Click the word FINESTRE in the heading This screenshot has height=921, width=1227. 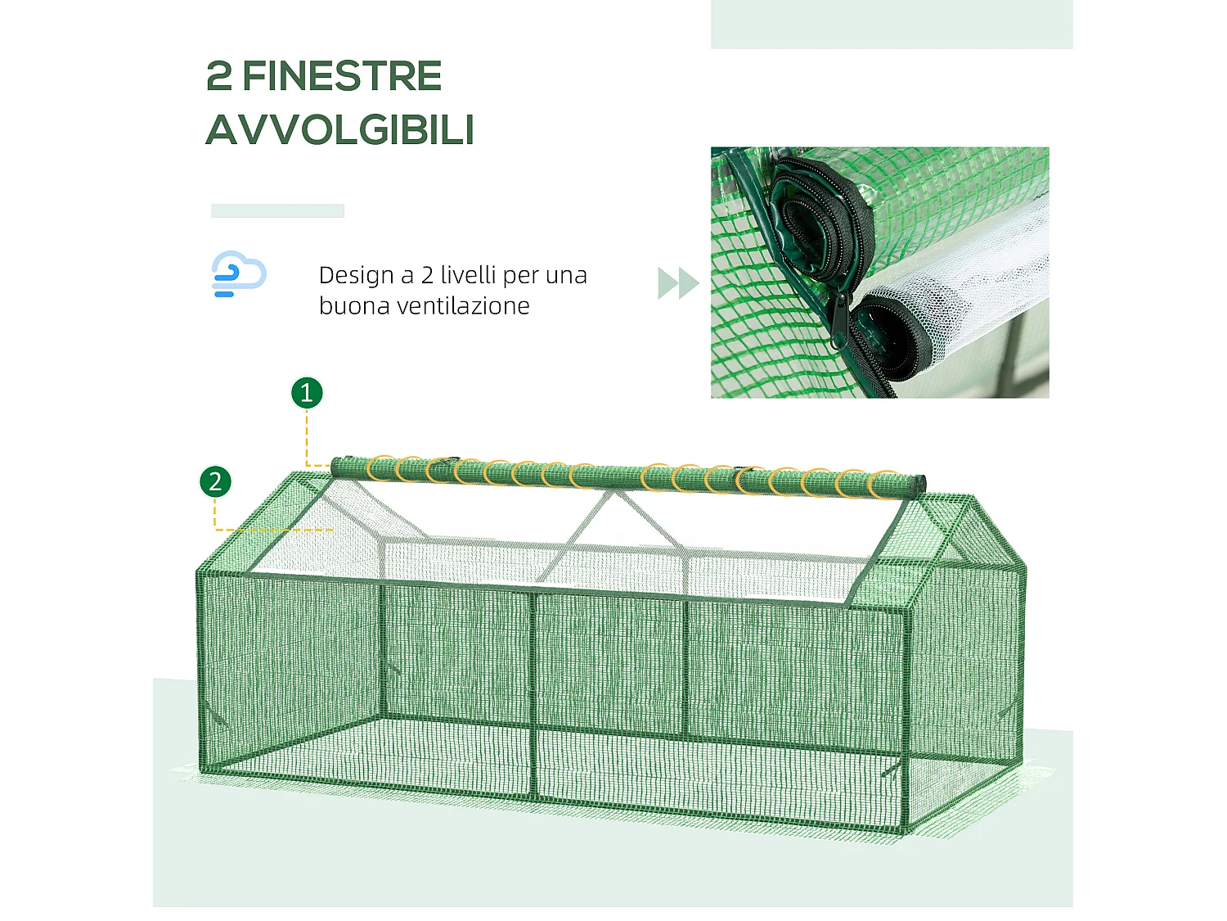point(342,77)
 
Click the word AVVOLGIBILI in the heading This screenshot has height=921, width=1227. point(339,130)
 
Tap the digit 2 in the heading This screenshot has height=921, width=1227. point(219,77)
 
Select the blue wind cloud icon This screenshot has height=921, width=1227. point(238,273)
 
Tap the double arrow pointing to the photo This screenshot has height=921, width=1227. point(678,283)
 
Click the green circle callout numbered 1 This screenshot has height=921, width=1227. point(307,393)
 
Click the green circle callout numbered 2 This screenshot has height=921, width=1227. point(215,481)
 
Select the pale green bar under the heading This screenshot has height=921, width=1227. point(277,210)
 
